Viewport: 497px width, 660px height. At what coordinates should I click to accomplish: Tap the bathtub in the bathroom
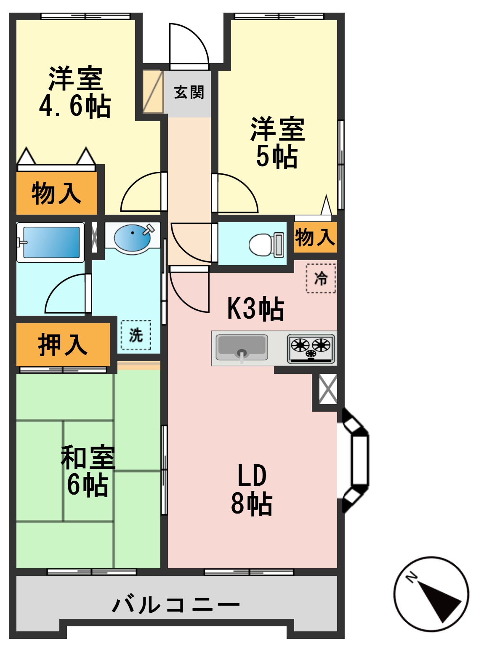(x=50, y=242)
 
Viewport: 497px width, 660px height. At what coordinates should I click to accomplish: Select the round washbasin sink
(x=132, y=238)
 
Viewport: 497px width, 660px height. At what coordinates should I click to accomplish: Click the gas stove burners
(x=311, y=348)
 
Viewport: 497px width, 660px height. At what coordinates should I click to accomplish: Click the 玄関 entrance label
(x=189, y=92)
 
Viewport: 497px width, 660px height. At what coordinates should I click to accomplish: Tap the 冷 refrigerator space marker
(x=321, y=278)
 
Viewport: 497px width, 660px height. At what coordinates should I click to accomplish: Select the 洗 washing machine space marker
(x=136, y=335)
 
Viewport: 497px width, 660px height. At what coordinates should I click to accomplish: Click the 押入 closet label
(x=62, y=345)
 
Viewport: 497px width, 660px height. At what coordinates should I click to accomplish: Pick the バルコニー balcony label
(x=176, y=605)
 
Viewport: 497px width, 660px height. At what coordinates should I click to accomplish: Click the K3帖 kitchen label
(x=255, y=309)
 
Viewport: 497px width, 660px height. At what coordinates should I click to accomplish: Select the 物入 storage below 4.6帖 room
(x=56, y=194)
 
